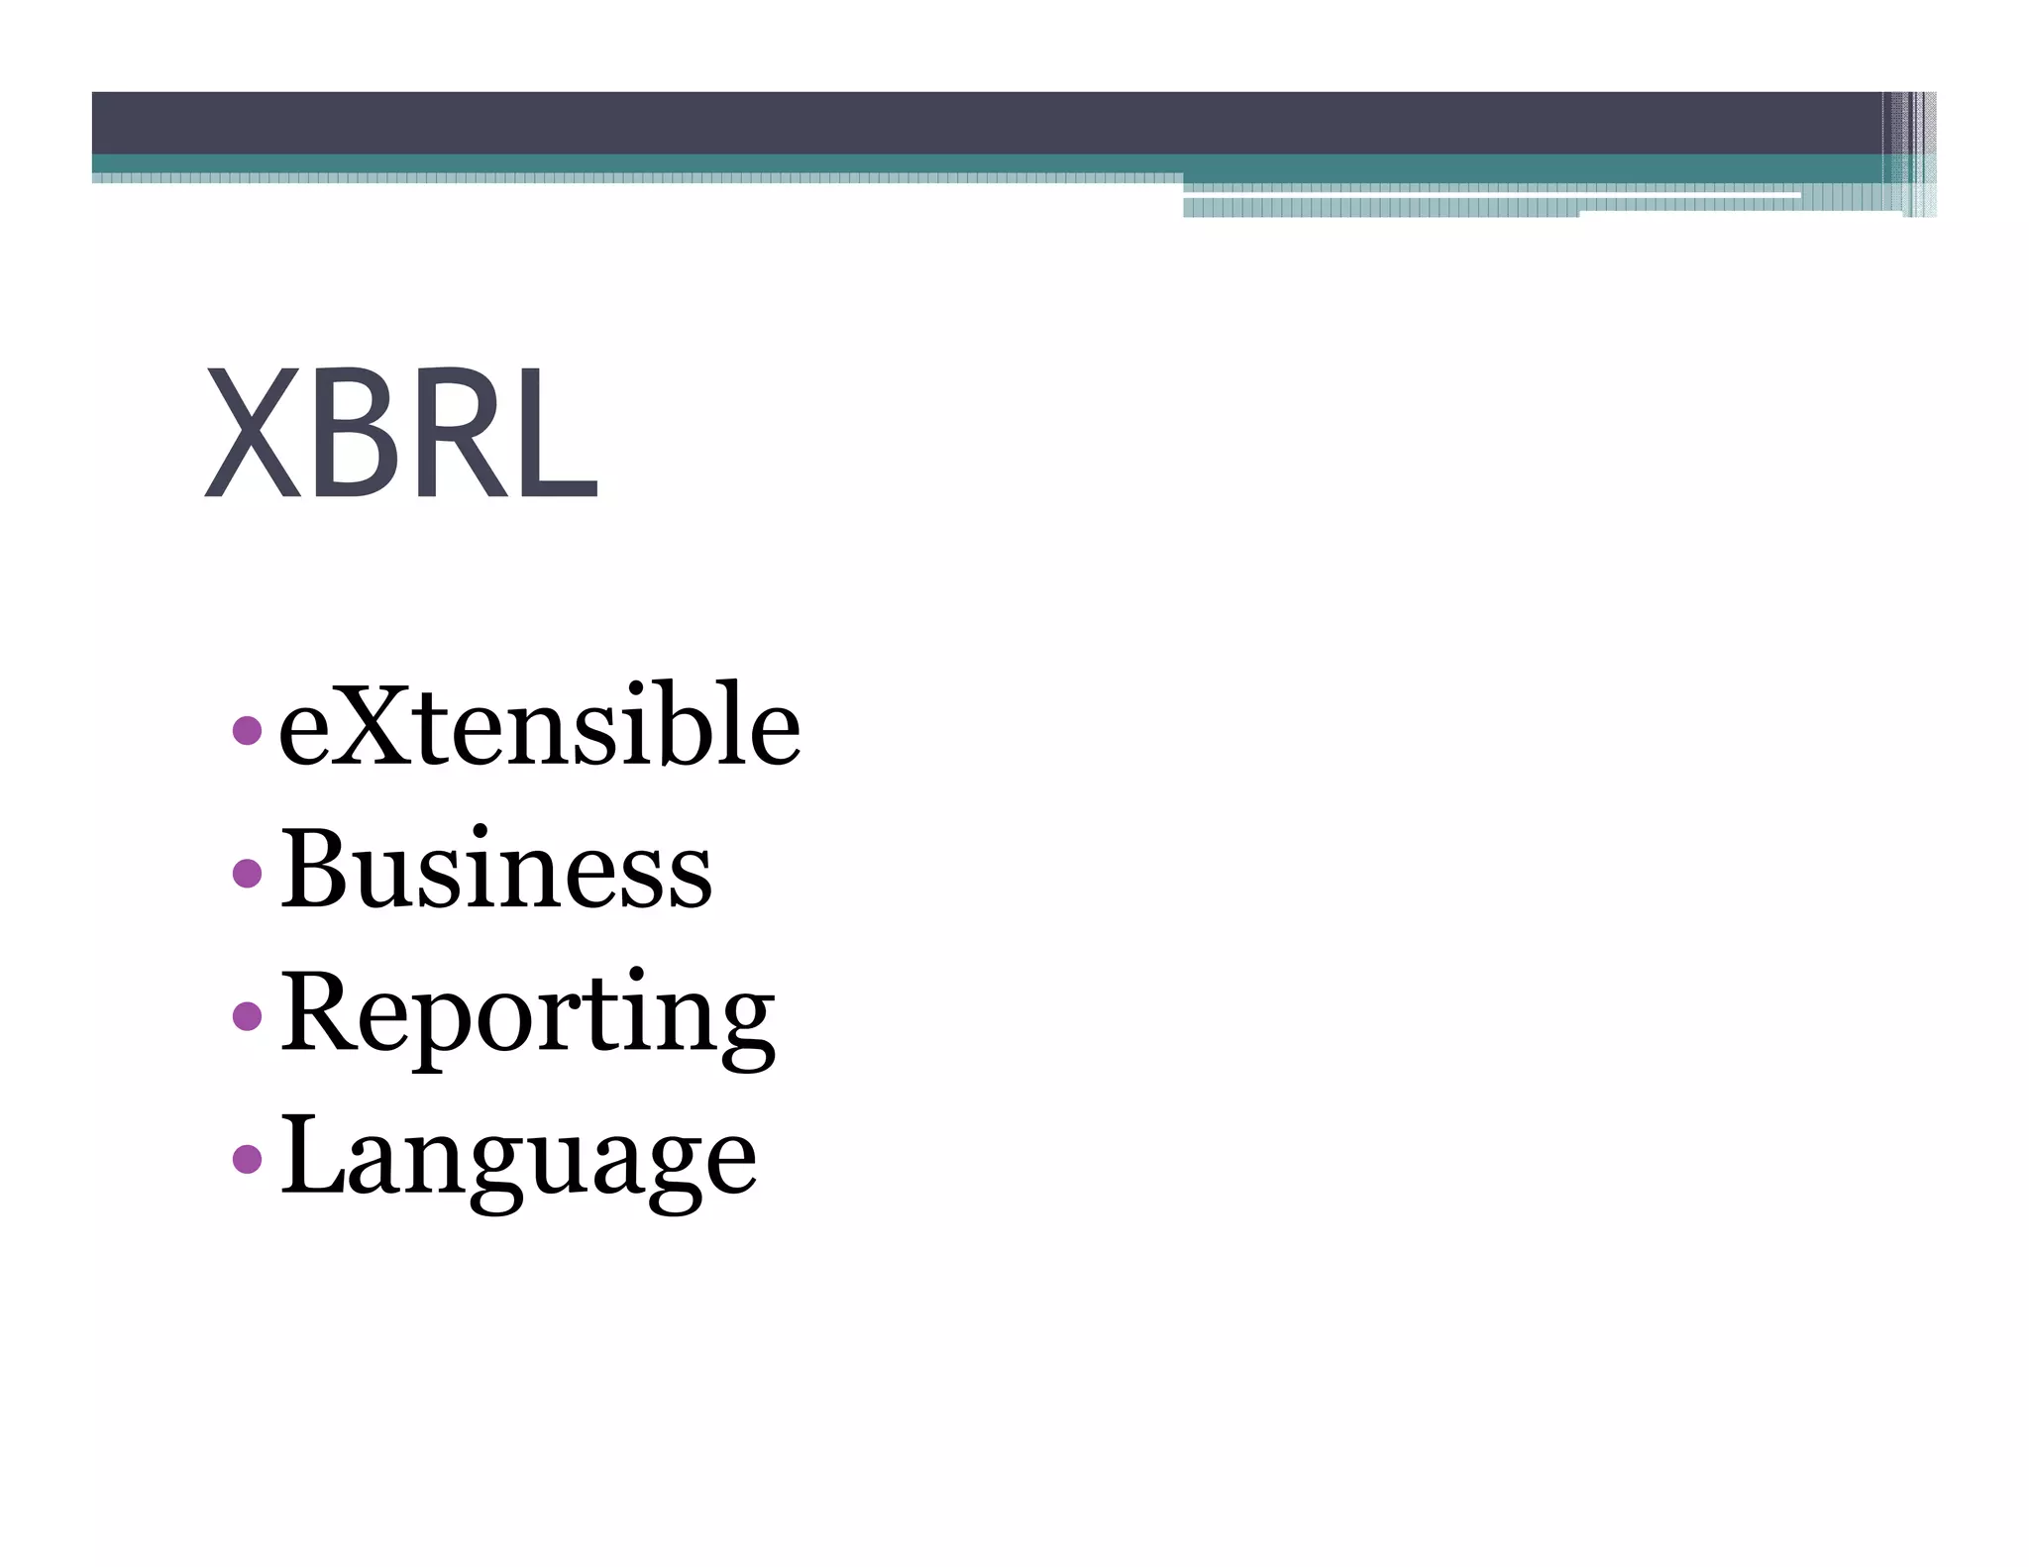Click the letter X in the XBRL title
click(253, 433)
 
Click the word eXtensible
click(539, 726)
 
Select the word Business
click(495, 869)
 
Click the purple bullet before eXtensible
click(247, 731)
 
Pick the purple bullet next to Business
click(247, 873)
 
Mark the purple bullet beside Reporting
click(247, 1015)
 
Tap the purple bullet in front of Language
click(247, 1158)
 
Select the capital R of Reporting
click(323, 1010)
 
